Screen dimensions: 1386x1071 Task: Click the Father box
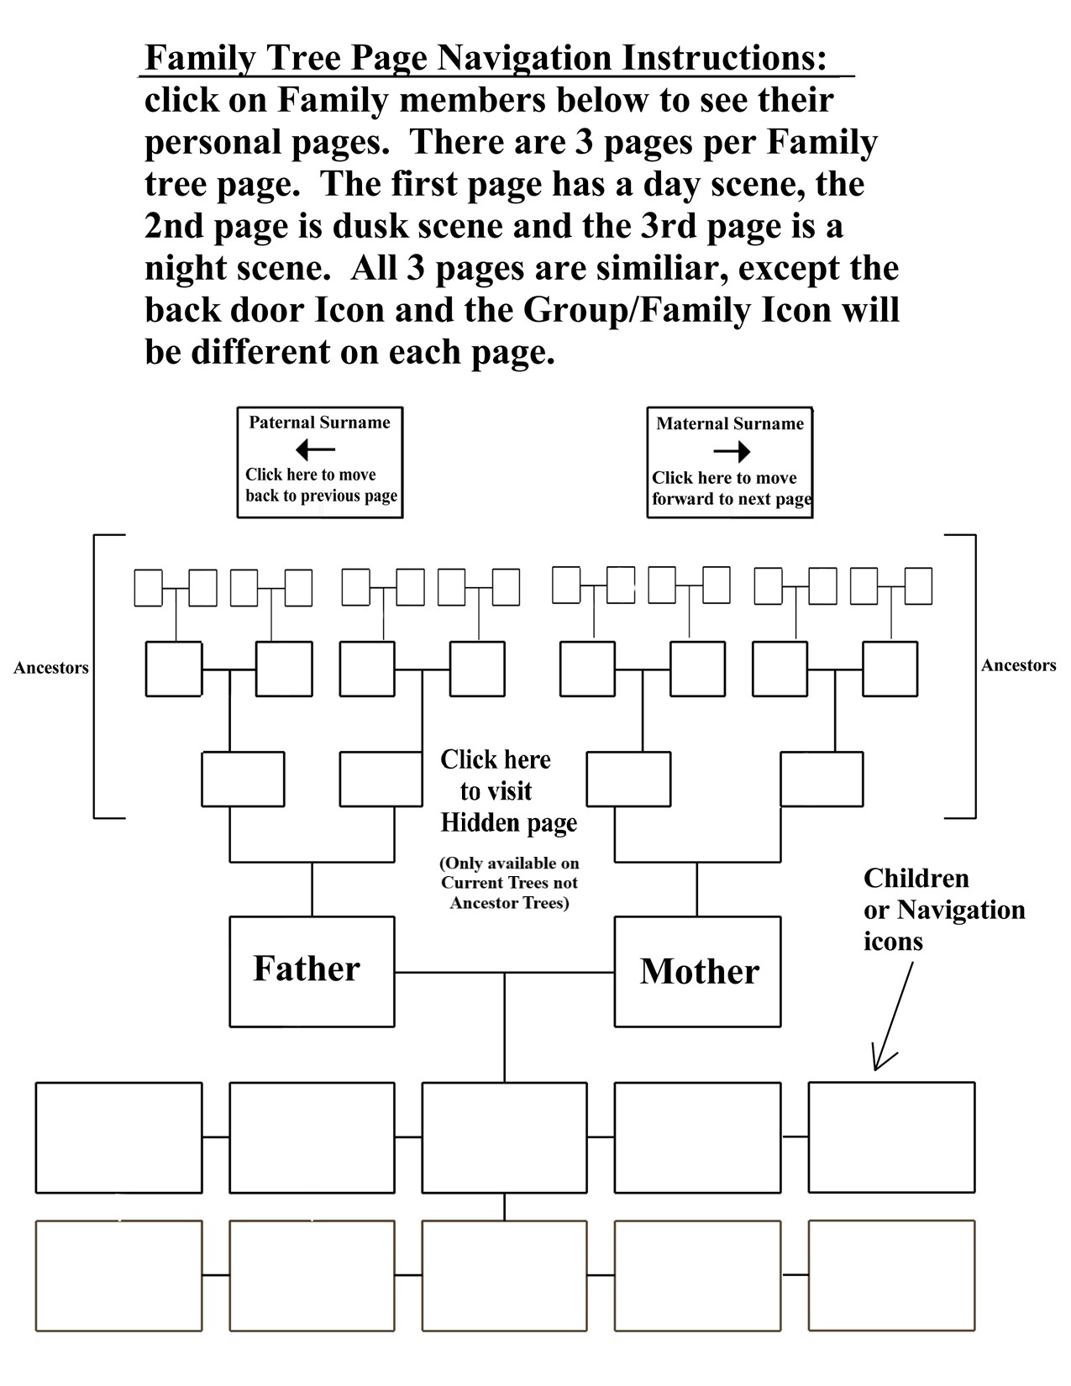point(312,971)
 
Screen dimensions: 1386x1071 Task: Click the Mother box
point(697,972)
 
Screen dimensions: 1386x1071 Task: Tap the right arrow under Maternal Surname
point(732,452)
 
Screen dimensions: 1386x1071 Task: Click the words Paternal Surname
point(319,423)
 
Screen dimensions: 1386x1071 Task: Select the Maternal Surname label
point(730,424)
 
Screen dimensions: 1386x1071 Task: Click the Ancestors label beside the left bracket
point(51,669)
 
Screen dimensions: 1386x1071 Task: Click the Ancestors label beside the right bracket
point(1018,666)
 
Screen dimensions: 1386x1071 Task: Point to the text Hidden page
point(509,823)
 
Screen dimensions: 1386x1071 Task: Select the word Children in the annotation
point(916,879)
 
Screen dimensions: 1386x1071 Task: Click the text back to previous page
point(321,496)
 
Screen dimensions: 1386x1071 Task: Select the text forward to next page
point(732,499)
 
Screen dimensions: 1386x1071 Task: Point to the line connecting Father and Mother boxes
point(504,973)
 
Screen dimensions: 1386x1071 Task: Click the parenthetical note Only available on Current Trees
point(509,883)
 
